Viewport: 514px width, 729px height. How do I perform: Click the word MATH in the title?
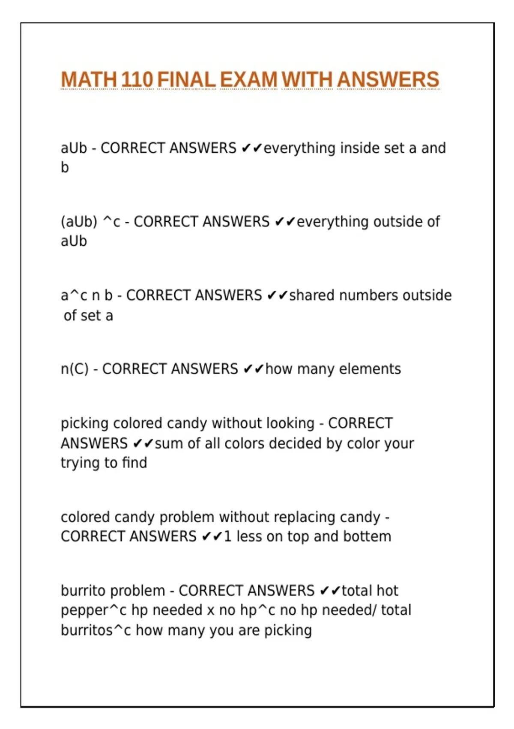click(89, 80)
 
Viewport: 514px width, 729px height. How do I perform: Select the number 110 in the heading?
click(137, 80)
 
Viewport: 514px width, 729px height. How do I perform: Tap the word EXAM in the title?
click(248, 80)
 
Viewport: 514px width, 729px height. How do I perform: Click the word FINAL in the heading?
click(186, 80)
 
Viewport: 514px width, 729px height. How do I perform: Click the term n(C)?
click(75, 369)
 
